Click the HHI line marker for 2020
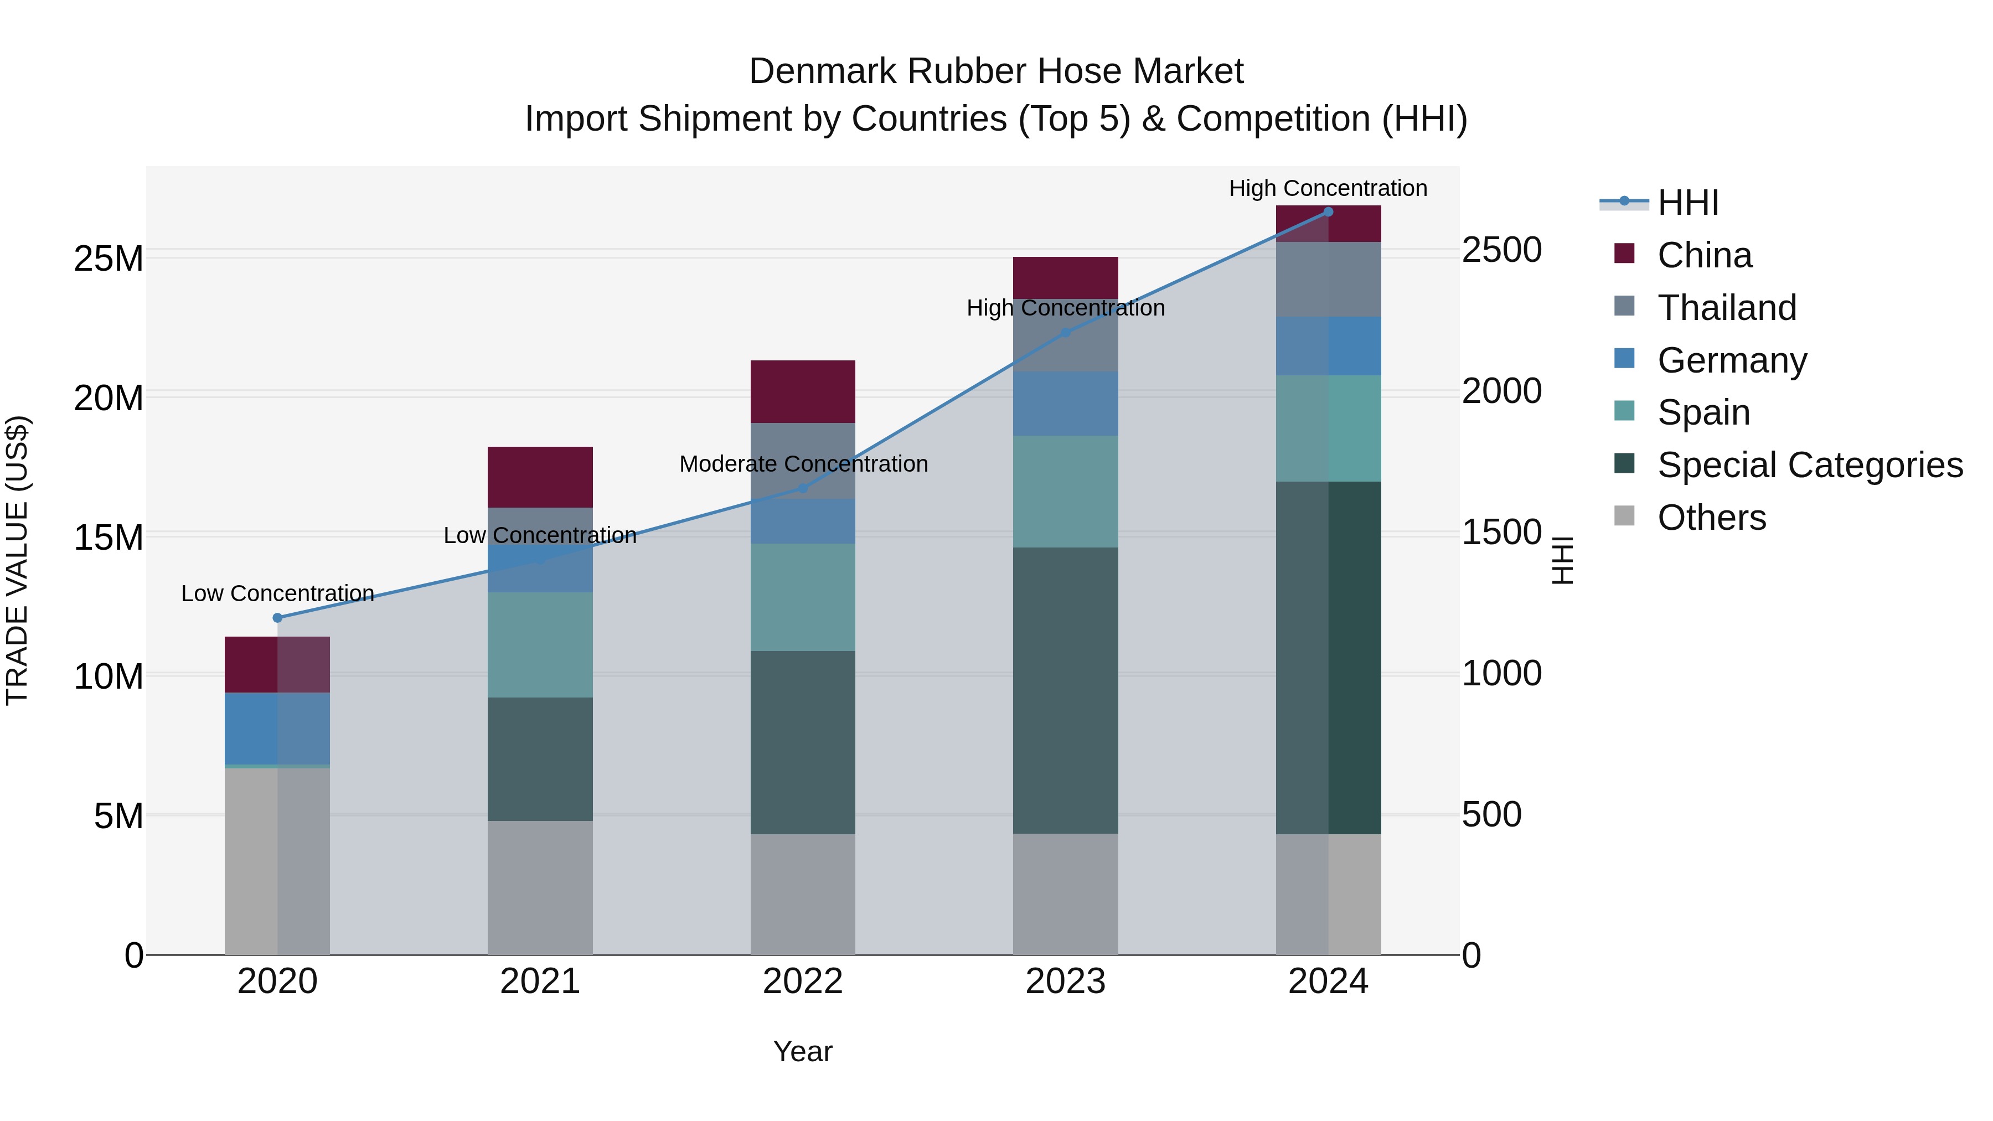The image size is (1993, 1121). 278,617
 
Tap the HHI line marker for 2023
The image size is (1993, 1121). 1065,333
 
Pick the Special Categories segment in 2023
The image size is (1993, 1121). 1065,690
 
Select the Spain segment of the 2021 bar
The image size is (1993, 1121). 540,644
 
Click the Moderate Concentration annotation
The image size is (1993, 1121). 803,464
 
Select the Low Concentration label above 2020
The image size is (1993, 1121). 278,593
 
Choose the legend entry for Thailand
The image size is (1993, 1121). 1726,308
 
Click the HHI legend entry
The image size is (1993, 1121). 1687,203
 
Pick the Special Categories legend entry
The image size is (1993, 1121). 1809,465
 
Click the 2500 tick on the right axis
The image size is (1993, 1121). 1501,251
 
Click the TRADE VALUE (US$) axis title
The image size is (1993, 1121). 17,560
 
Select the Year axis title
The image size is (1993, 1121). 802,1051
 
